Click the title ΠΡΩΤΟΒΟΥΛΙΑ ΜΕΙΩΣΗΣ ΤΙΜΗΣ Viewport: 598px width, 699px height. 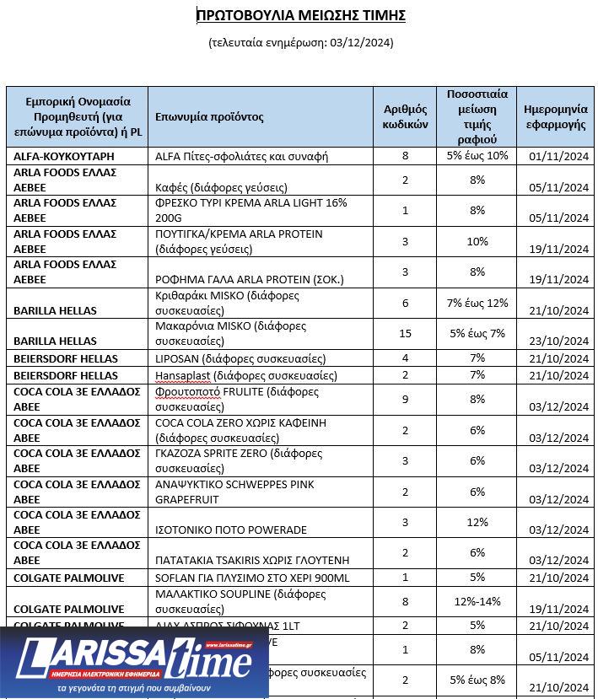(x=301, y=15)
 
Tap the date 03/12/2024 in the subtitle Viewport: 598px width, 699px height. (x=360, y=43)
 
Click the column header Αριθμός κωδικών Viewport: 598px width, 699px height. (x=405, y=117)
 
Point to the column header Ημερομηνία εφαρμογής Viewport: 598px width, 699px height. (x=555, y=117)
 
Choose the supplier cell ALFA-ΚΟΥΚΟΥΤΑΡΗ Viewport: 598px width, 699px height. (x=64, y=157)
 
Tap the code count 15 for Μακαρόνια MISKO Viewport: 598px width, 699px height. (x=405, y=334)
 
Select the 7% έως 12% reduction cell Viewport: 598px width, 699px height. (x=477, y=303)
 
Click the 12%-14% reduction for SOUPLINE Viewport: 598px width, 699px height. (x=477, y=600)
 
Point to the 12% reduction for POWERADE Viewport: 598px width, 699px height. (x=477, y=523)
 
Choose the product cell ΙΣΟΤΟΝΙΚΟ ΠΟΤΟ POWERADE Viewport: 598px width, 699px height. (x=231, y=530)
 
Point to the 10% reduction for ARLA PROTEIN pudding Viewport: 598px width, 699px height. (x=477, y=242)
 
